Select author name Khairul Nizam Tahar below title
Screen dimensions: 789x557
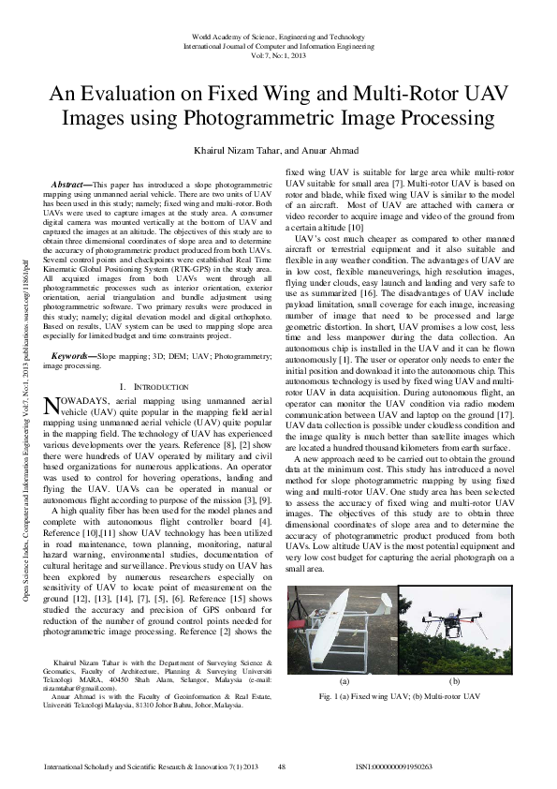coord(221,150)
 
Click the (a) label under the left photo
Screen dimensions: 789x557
coord(344,681)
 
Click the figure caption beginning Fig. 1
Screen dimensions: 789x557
coord(399,697)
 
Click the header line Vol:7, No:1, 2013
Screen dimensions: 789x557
coord(278,55)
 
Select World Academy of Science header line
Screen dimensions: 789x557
coord(278,35)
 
